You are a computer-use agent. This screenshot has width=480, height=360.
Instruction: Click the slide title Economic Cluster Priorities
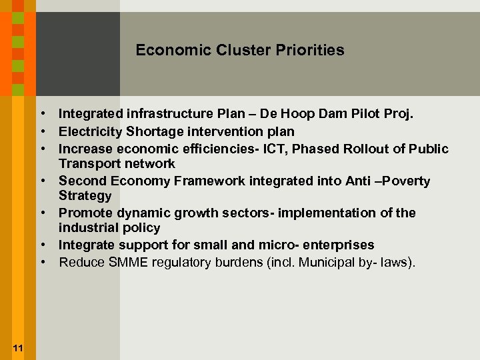pyautogui.click(x=240, y=50)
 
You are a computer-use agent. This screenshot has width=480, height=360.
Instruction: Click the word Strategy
pyautogui.click(x=85, y=196)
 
